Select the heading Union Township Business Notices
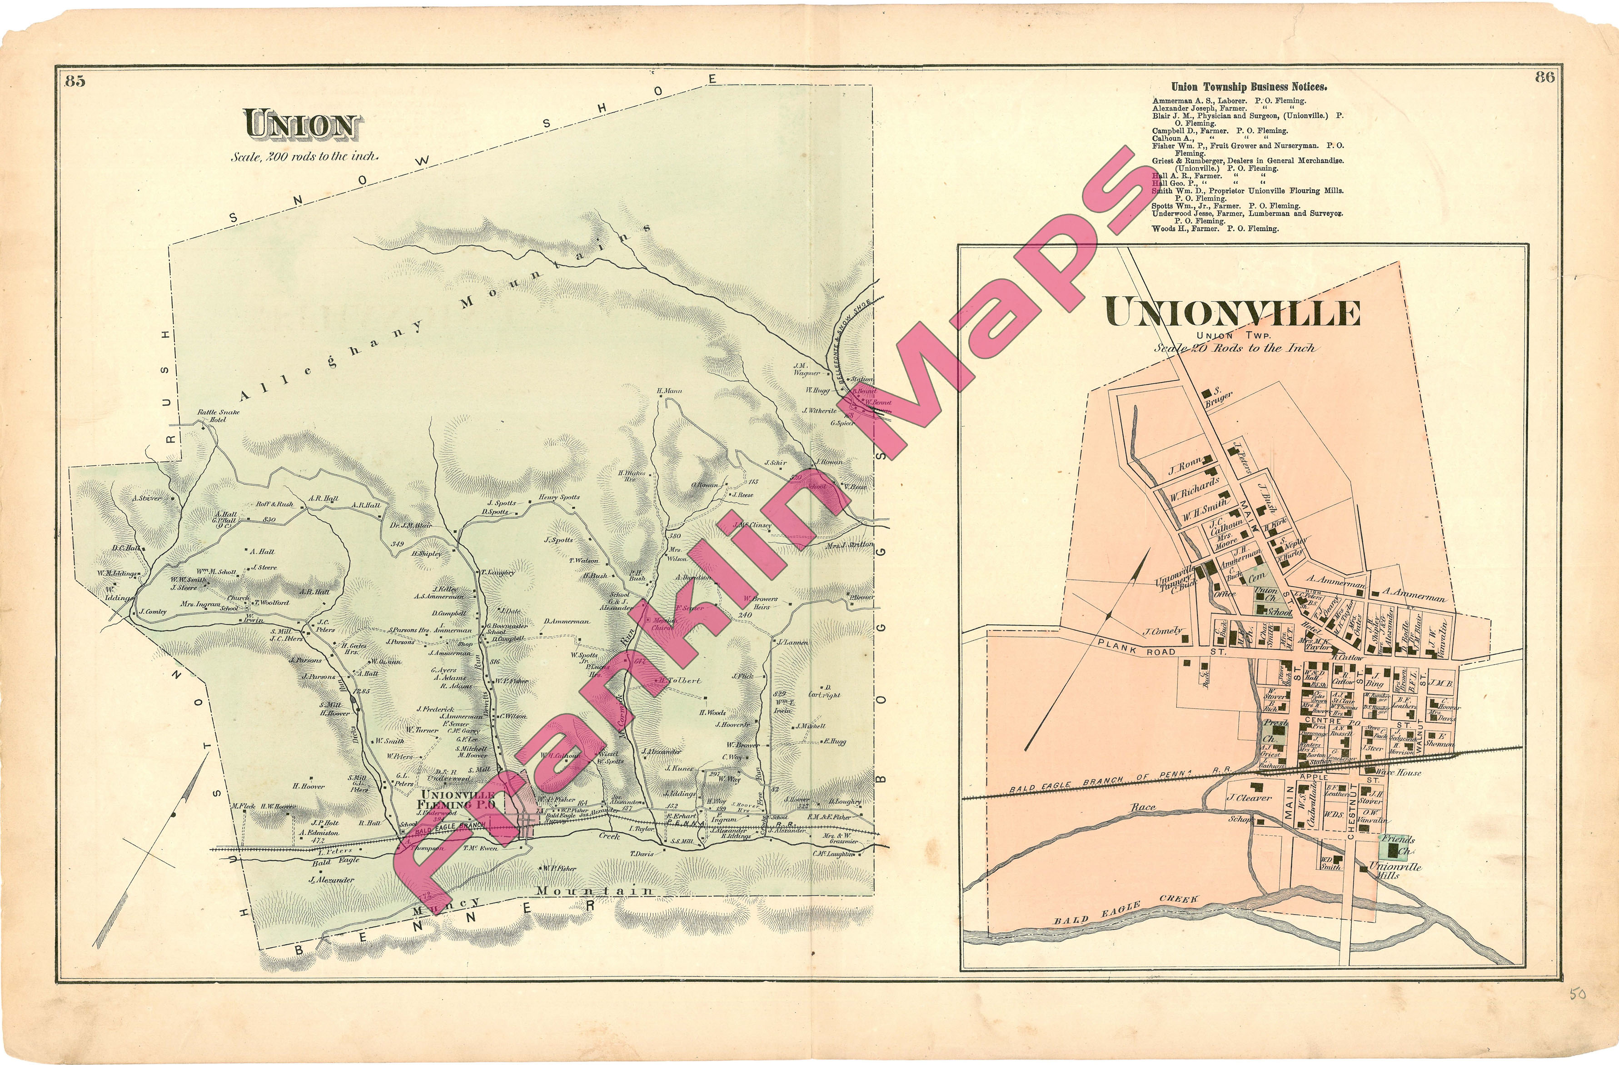[x=1248, y=87]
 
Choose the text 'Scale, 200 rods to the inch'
[x=305, y=156]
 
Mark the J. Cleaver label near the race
[x=1249, y=798]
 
